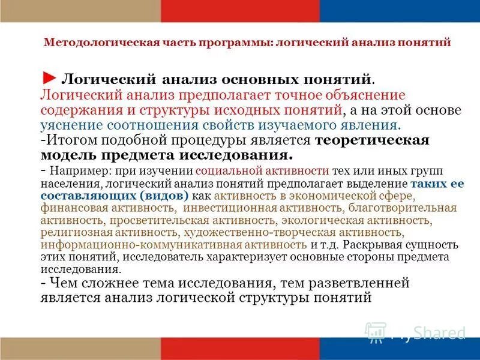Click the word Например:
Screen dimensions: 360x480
click(x=76, y=170)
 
